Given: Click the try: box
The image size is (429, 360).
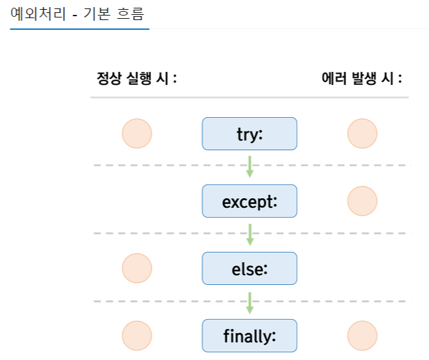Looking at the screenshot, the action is pyautogui.click(x=249, y=134).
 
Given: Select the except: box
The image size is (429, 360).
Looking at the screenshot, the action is pyautogui.click(x=249, y=201).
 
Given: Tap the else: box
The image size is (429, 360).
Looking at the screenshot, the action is pyautogui.click(x=249, y=269).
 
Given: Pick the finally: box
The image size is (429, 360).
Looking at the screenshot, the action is pyautogui.click(x=249, y=336).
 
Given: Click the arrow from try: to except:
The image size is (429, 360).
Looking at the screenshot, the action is pyautogui.click(x=249, y=166).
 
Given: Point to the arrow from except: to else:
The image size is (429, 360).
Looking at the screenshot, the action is pyautogui.click(x=249, y=234).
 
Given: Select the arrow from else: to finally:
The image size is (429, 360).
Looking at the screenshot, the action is pyautogui.click(x=249, y=301).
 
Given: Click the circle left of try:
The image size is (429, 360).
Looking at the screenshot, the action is pyautogui.click(x=137, y=134).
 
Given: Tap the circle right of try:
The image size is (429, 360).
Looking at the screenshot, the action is pyautogui.click(x=362, y=134).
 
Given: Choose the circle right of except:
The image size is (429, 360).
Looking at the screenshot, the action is pyautogui.click(x=362, y=201).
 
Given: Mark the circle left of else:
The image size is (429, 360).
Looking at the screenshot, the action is pyautogui.click(x=137, y=269).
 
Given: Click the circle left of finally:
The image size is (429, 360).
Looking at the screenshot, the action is pyautogui.click(x=137, y=336).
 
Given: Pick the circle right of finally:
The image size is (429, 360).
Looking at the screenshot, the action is pyautogui.click(x=362, y=336).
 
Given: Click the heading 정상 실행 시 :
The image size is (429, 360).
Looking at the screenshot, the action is pyautogui.click(x=137, y=79).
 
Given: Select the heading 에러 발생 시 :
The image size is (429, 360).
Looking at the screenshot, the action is pyautogui.click(x=362, y=79).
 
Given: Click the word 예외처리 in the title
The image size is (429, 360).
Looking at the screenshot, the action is pyautogui.click(x=35, y=13).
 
